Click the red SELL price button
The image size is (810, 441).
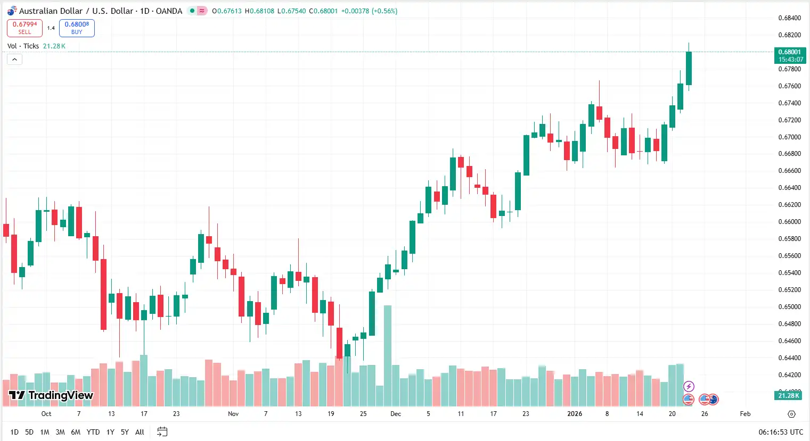(x=24, y=28)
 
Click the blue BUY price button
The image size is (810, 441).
(x=77, y=28)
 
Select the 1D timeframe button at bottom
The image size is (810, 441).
(x=14, y=432)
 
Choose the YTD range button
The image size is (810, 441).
(x=93, y=432)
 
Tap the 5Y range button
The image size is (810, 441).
(x=125, y=432)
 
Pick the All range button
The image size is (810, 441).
(x=140, y=432)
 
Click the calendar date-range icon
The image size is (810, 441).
(x=162, y=432)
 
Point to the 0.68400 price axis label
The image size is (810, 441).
(x=789, y=18)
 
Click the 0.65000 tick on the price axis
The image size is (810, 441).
(x=789, y=307)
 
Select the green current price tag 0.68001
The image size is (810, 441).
(x=790, y=55)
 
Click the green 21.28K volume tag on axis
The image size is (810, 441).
(x=789, y=396)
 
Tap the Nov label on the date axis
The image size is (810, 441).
(x=233, y=414)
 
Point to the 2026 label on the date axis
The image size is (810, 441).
(x=575, y=414)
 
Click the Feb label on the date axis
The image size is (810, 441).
(x=745, y=414)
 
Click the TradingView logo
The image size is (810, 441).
(x=51, y=395)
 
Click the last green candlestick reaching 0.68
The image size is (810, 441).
(x=689, y=68)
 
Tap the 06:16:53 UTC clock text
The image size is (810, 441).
(x=781, y=432)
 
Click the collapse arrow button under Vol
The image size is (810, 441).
(x=14, y=59)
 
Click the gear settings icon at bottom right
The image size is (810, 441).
(x=791, y=414)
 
